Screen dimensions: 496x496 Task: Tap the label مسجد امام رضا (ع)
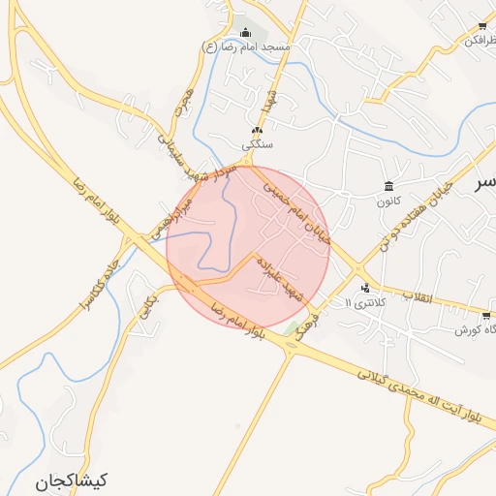(243, 46)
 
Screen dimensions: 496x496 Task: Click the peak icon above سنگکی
(257, 131)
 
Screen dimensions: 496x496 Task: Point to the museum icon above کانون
(388, 186)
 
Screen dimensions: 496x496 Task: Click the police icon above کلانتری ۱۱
(365, 287)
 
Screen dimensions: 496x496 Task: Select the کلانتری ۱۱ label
(365, 303)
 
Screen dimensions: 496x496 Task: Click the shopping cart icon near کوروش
(485, 315)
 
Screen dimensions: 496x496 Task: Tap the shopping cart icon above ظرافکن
(481, 25)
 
